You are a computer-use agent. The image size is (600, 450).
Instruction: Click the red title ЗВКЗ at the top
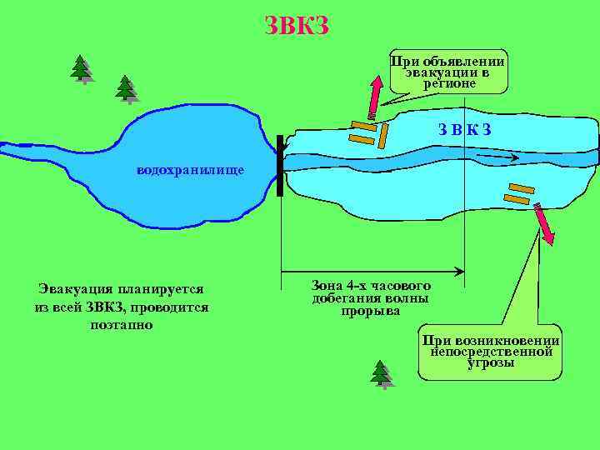coord(297,26)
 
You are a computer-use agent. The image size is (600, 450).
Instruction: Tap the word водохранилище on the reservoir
coord(190,171)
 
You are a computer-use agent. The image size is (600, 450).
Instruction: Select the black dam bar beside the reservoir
coord(280,165)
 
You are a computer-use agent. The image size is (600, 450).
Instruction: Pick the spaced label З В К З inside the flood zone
coord(466,129)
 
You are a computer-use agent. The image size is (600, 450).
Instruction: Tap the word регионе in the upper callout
coord(449,83)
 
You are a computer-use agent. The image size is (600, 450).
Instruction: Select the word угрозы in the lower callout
coord(491,363)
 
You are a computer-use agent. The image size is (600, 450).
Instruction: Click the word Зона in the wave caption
coord(328,283)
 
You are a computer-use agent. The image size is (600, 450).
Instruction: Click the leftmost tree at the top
coord(82,69)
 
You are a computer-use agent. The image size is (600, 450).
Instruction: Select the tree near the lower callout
coord(382,374)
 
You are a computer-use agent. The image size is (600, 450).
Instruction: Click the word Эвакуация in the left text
coord(76,289)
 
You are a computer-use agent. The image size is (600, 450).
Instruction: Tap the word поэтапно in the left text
coord(121,324)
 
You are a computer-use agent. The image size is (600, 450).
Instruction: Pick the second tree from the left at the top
coord(126,88)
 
